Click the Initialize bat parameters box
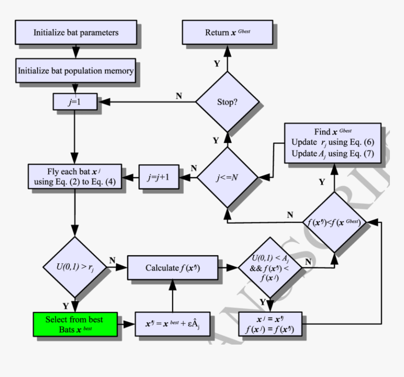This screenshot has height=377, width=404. (x=76, y=32)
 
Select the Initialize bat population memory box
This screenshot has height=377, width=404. (x=76, y=71)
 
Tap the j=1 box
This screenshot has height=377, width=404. (x=76, y=102)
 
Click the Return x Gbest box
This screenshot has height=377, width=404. (x=227, y=32)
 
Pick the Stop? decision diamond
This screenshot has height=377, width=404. (x=227, y=102)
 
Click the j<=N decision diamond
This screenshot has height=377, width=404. (x=227, y=178)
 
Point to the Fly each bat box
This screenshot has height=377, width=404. (x=75, y=177)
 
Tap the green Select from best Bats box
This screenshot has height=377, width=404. (x=75, y=324)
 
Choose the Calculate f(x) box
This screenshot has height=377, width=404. (x=173, y=268)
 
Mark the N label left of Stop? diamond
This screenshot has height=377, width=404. (x=179, y=96)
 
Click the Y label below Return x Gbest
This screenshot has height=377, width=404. (x=217, y=64)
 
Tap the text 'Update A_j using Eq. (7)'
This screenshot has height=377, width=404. (x=333, y=154)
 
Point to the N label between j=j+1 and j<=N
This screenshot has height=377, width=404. (x=194, y=168)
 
